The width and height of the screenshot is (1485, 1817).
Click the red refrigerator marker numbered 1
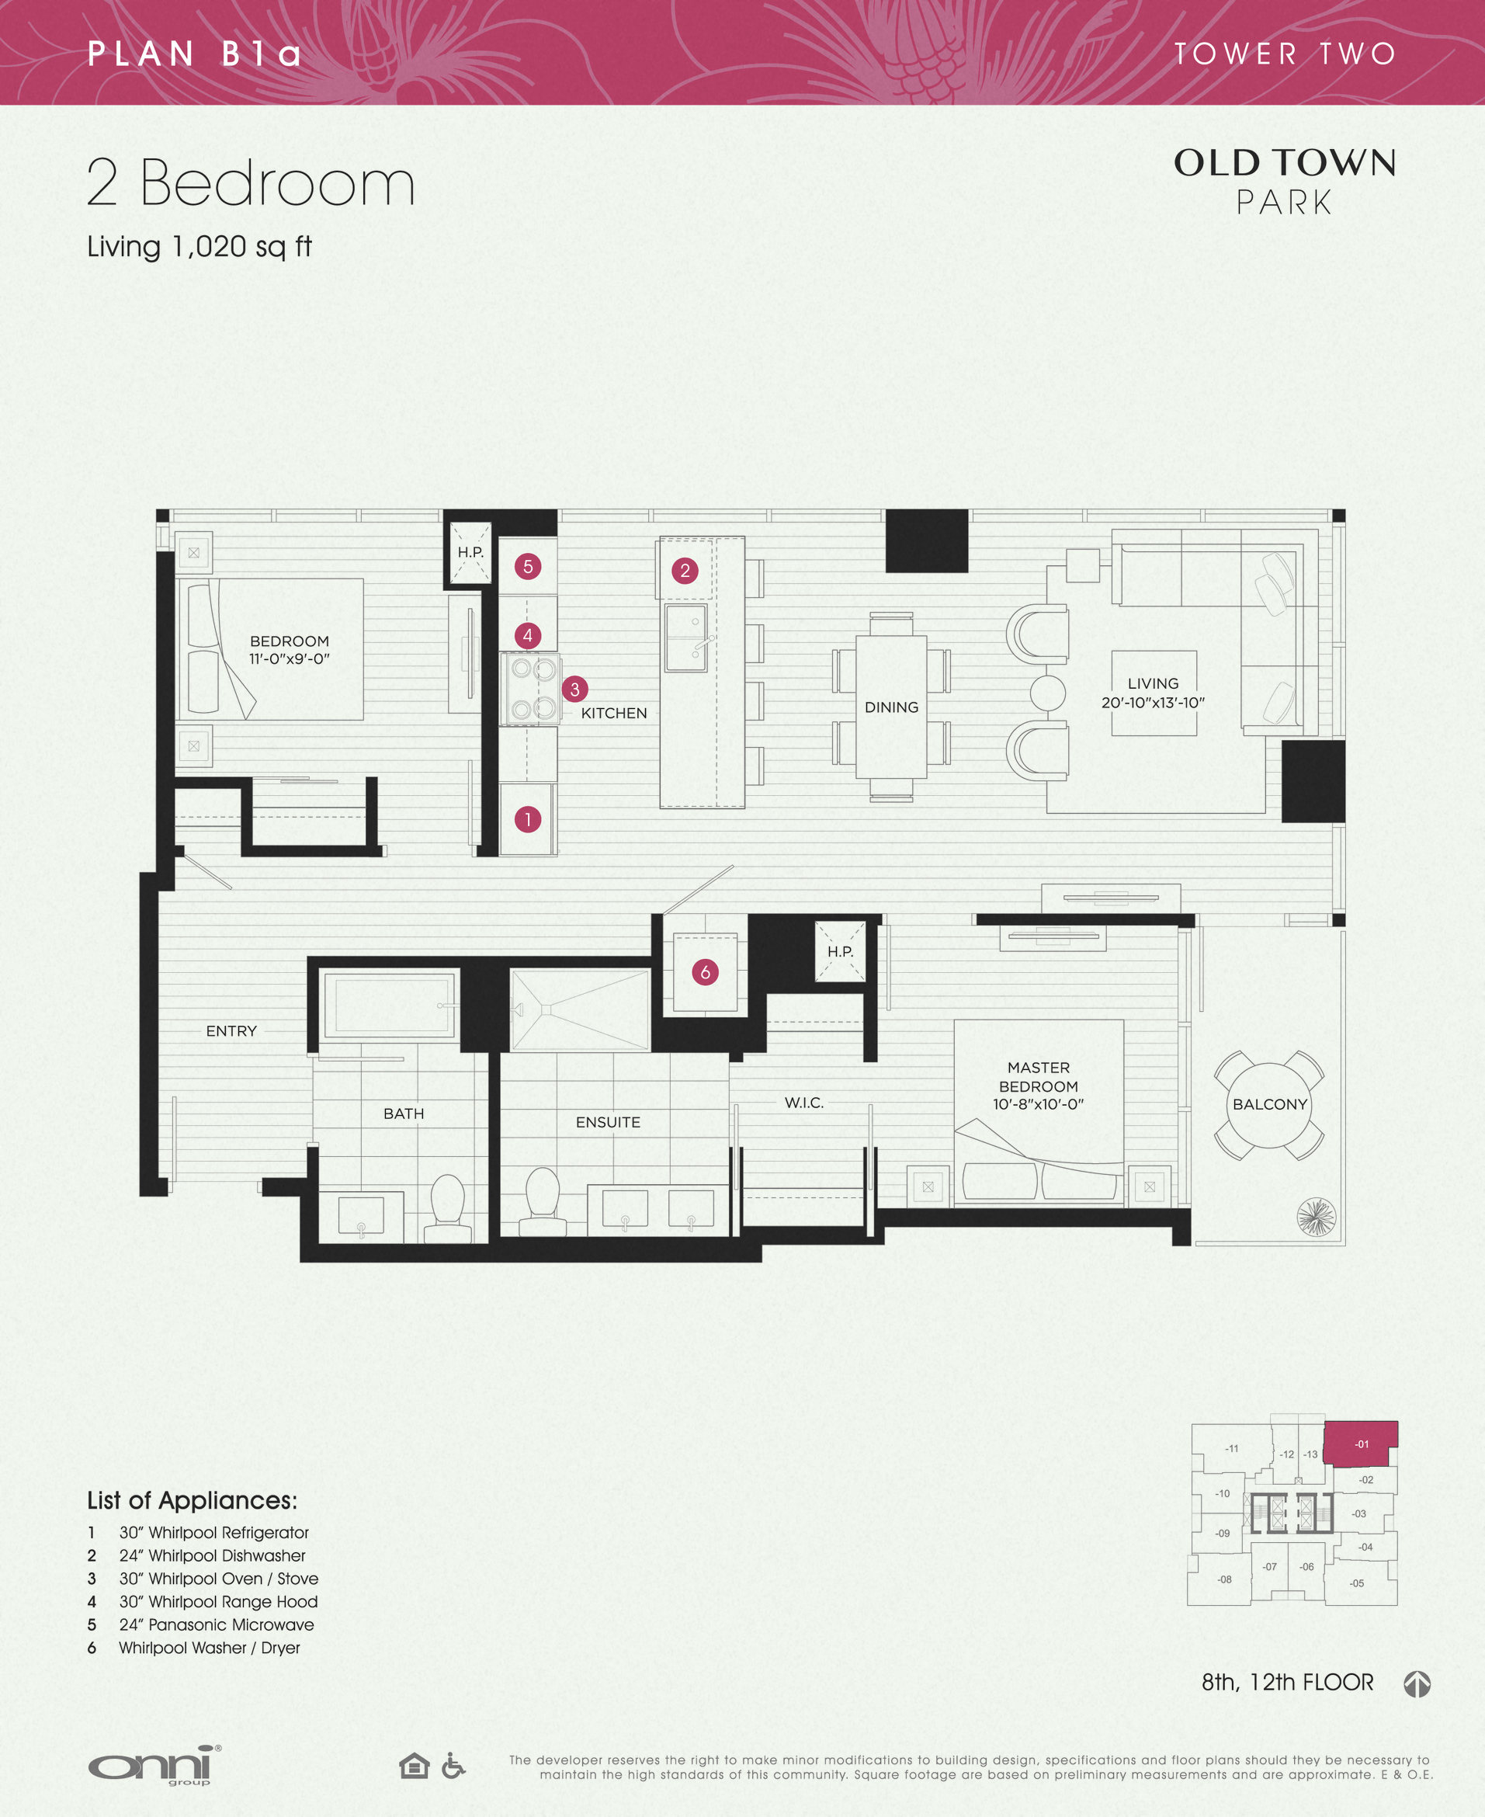coord(528,819)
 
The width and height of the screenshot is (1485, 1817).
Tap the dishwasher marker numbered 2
coord(685,571)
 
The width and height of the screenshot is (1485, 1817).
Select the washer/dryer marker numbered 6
coord(705,972)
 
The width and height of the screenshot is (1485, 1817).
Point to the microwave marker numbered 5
coord(528,566)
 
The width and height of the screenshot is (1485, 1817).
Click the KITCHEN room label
coord(613,713)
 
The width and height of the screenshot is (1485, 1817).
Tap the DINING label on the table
coord(891,707)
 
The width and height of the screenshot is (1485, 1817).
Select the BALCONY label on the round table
coord(1269,1104)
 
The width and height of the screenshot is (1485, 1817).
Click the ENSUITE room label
coord(607,1122)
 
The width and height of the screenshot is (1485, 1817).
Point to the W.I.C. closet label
coord(804,1103)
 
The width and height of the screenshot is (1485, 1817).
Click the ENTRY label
coord(231,1031)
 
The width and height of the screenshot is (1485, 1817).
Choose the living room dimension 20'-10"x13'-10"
coord(1152,702)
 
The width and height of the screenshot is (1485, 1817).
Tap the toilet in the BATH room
coord(447,1208)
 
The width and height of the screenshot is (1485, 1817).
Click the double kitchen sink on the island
coord(686,638)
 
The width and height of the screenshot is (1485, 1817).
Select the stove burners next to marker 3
coord(530,689)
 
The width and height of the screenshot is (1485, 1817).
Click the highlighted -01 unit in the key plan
coord(1361,1444)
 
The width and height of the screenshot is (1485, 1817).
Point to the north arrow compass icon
coord(1417,1683)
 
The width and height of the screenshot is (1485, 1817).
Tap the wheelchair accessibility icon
coord(453,1765)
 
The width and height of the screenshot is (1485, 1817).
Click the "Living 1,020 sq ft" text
coord(200,246)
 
